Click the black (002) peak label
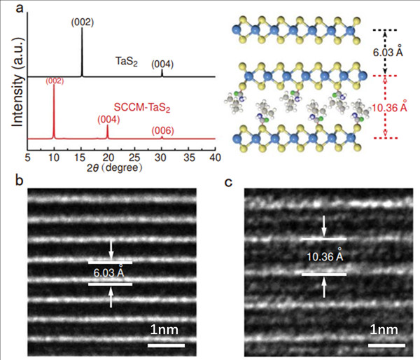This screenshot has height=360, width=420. [83, 22]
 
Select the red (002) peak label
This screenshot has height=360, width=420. [54, 81]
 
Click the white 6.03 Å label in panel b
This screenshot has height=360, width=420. [111, 272]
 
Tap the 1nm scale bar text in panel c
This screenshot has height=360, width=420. [386, 329]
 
